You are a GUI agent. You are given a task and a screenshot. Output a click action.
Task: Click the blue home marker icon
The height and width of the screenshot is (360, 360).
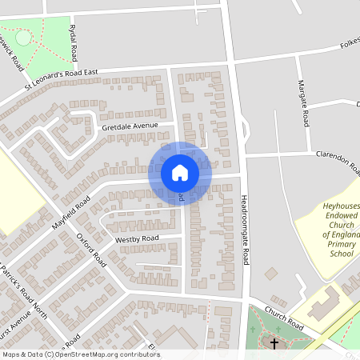(180, 172)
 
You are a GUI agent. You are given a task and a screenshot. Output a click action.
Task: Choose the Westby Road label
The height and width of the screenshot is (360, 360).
(137, 238)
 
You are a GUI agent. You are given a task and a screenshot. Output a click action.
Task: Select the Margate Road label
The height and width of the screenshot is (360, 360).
(303, 103)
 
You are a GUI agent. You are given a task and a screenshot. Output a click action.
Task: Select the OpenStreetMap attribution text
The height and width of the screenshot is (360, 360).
(81, 354)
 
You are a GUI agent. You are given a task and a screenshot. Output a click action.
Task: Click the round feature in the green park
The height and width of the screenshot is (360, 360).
(23, 37)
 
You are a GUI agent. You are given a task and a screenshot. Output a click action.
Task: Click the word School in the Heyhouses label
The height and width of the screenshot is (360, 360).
(342, 254)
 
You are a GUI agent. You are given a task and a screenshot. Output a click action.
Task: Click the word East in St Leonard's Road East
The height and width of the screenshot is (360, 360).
(89, 73)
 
